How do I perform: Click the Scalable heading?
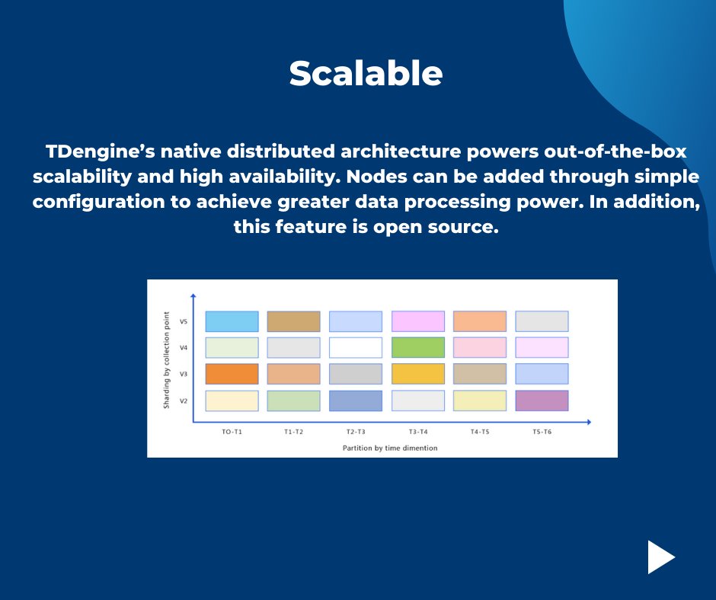tap(366, 74)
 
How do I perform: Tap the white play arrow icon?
tap(660, 557)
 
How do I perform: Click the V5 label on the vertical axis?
tap(184, 321)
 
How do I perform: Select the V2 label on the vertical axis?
tap(184, 401)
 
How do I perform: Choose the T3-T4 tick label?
tap(418, 432)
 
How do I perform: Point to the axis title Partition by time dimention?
tap(390, 448)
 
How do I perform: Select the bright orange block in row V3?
tap(232, 374)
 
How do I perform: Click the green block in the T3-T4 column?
tap(417, 348)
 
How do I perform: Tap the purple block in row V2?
tap(542, 401)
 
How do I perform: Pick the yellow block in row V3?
tap(417, 374)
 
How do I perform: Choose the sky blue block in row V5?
tap(232, 321)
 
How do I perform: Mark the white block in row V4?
tap(355, 348)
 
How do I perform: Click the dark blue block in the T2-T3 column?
tap(355, 401)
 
